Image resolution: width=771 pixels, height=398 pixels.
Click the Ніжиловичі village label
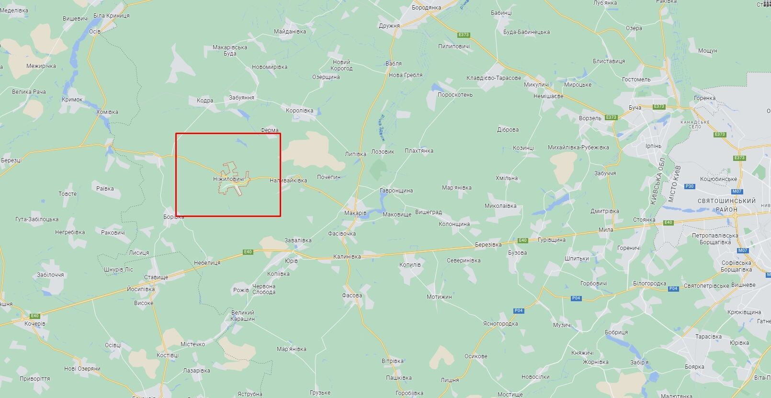click(228, 179)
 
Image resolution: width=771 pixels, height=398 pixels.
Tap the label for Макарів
click(355, 213)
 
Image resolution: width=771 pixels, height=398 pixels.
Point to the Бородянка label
click(426, 8)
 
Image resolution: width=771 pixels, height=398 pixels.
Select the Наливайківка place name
click(288, 181)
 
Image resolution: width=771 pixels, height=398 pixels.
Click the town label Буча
click(635, 108)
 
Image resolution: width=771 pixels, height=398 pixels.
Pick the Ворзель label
click(590, 118)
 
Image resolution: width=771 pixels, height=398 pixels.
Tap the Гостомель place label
click(636, 80)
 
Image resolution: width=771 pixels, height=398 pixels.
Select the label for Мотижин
click(439, 297)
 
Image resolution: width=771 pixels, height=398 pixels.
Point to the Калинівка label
click(347, 257)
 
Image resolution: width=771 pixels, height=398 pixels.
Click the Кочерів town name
click(35, 324)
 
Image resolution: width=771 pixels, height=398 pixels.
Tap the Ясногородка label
click(500, 324)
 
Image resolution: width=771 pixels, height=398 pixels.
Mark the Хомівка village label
click(107, 112)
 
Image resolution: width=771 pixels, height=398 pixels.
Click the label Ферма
click(270, 130)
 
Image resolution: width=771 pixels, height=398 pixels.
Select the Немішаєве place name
click(548, 96)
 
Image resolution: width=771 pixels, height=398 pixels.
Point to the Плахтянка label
click(419, 151)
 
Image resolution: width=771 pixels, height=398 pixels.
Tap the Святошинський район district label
click(726, 205)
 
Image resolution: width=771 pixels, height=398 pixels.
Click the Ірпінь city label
click(653, 146)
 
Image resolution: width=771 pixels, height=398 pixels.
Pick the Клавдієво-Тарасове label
click(494, 78)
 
